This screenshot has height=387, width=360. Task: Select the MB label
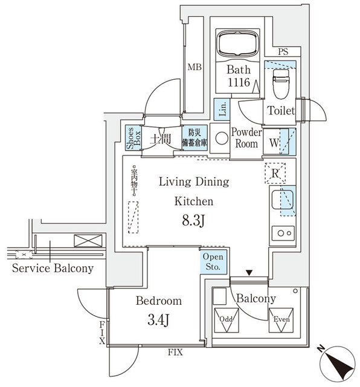click(x=193, y=67)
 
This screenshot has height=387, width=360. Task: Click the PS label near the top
click(x=283, y=53)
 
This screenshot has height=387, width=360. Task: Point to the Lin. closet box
click(x=222, y=109)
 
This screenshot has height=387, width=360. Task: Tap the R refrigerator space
click(x=275, y=174)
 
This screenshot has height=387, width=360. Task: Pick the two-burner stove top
click(x=283, y=232)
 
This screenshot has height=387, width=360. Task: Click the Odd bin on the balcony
click(x=226, y=322)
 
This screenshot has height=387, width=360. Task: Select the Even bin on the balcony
click(x=280, y=322)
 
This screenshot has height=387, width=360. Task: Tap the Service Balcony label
click(x=53, y=268)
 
